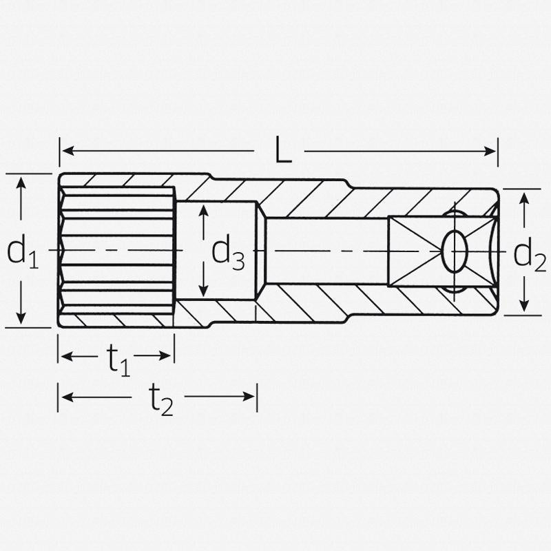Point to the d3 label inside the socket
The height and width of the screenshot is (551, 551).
227,252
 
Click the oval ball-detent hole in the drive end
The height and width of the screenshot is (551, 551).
453,251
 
